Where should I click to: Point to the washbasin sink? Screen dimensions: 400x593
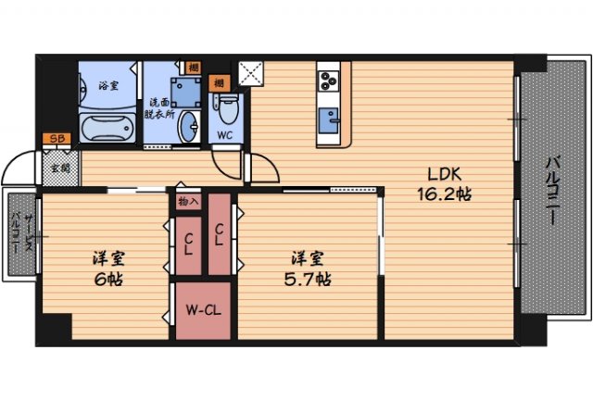(x=191, y=128)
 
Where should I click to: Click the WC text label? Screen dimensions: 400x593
(x=225, y=135)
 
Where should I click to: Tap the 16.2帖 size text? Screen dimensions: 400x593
(x=444, y=196)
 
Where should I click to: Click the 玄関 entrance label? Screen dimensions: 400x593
(x=59, y=169)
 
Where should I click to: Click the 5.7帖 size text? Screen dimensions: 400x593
(x=308, y=278)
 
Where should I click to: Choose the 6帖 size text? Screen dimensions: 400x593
(x=107, y=278)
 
